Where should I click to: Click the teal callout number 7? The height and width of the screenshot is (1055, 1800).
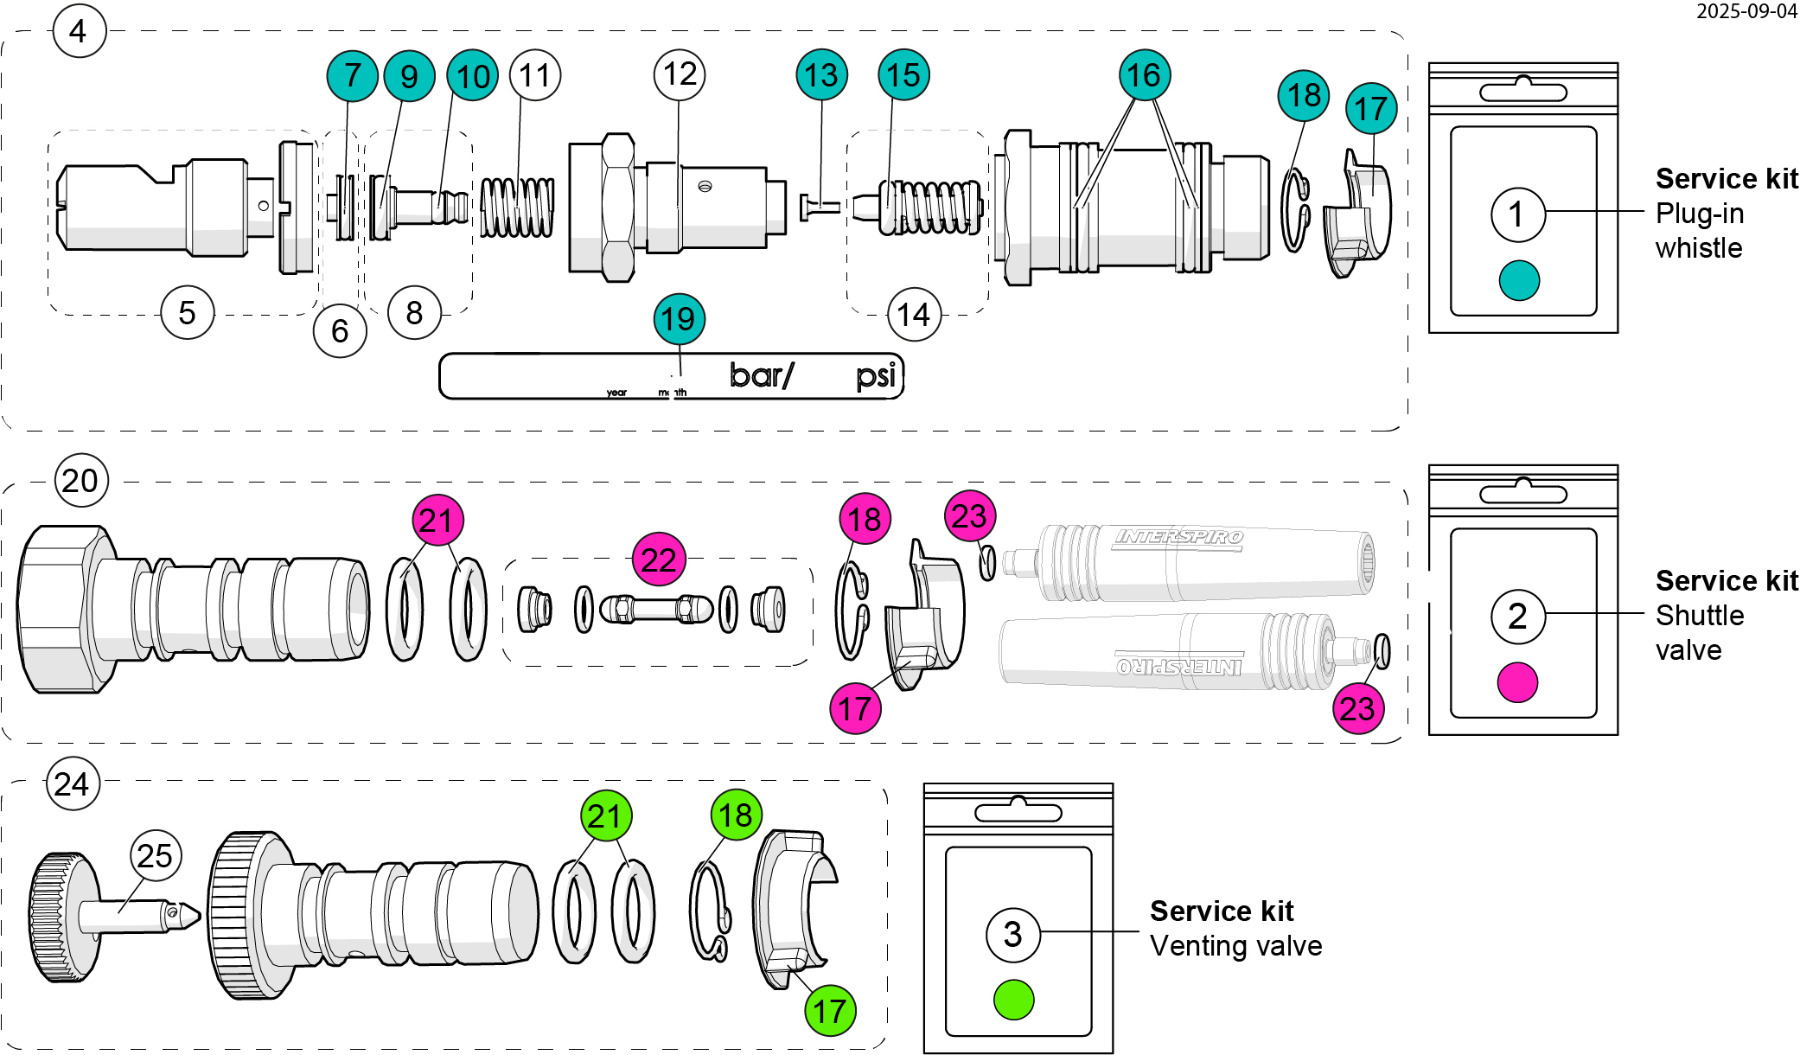click(352, 75)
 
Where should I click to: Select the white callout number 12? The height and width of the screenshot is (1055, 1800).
click(680, 74)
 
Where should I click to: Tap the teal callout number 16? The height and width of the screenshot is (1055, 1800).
click(1144, 75)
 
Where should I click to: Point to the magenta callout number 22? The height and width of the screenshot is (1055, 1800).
click(659, 559)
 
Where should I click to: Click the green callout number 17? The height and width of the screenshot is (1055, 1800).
click(830, 1010)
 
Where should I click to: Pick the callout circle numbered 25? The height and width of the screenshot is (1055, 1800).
click(156, 855)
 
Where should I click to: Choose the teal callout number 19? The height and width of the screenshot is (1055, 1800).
click(679, 319)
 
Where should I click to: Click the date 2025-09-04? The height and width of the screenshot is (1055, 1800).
click(1746, 11)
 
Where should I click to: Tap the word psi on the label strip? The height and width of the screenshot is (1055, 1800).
click(876, 376)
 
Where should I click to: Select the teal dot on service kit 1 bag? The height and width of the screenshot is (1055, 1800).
click(1519, 280)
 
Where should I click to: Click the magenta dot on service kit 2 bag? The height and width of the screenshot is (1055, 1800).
click(1517, 682)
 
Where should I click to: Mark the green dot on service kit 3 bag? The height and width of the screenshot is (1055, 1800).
click(1013, 1000)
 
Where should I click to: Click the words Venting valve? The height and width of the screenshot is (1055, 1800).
click(1235, 946)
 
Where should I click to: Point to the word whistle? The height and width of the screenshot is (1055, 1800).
click(1698, 248)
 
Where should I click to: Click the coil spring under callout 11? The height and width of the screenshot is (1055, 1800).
click(517, 208)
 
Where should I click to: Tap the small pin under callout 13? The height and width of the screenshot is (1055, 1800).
click(819, 207)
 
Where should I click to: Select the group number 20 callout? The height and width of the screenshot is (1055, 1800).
click(80, 481)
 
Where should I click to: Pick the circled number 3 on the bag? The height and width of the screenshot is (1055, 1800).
click(1012, 934)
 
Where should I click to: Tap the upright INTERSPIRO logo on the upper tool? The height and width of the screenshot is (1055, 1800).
click(1179, 537)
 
